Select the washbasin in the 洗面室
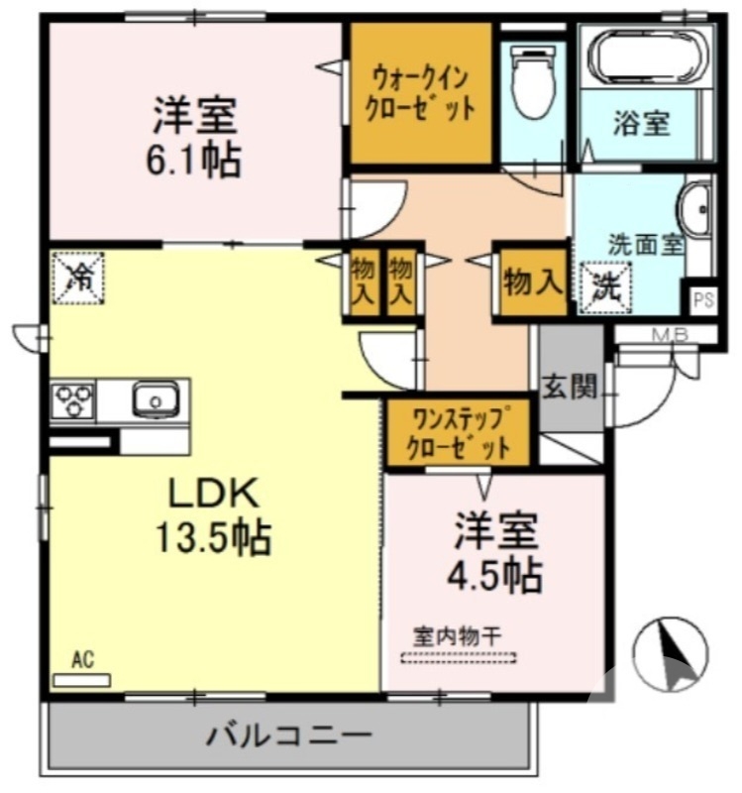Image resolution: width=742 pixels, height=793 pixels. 695,208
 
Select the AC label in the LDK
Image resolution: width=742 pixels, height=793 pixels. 82,659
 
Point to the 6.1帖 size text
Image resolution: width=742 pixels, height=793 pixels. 196,160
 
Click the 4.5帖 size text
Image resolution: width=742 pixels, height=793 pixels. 497,572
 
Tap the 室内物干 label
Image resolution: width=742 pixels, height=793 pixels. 459,635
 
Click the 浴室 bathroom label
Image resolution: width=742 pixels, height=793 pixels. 641,123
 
